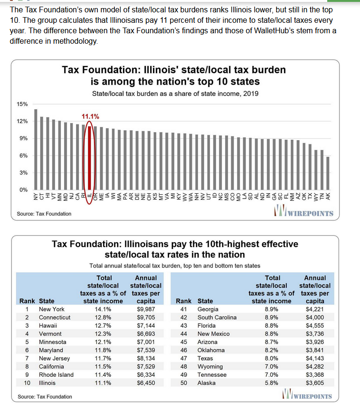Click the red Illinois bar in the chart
click(89, 158)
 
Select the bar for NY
click(36, 149)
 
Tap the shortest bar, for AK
click(328, 173)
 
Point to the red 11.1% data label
click(90, 116)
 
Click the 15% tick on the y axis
click(22, 104)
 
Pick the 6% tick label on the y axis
click(23, 155)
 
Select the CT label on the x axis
click(42, 196)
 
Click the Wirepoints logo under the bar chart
click(303, 211)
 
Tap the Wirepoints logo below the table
click(307, 394)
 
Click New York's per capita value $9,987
click(146, 309)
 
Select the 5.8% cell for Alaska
click(272, 383)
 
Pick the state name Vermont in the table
click(50, 334)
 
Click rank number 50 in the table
click(184, 383)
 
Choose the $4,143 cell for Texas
click(315, 358)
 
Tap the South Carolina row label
click(217, 317)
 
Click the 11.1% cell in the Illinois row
click(103, 383)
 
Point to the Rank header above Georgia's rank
click(183, 301)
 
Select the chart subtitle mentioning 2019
click(175, 94)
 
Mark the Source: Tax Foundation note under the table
click(45, 397)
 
